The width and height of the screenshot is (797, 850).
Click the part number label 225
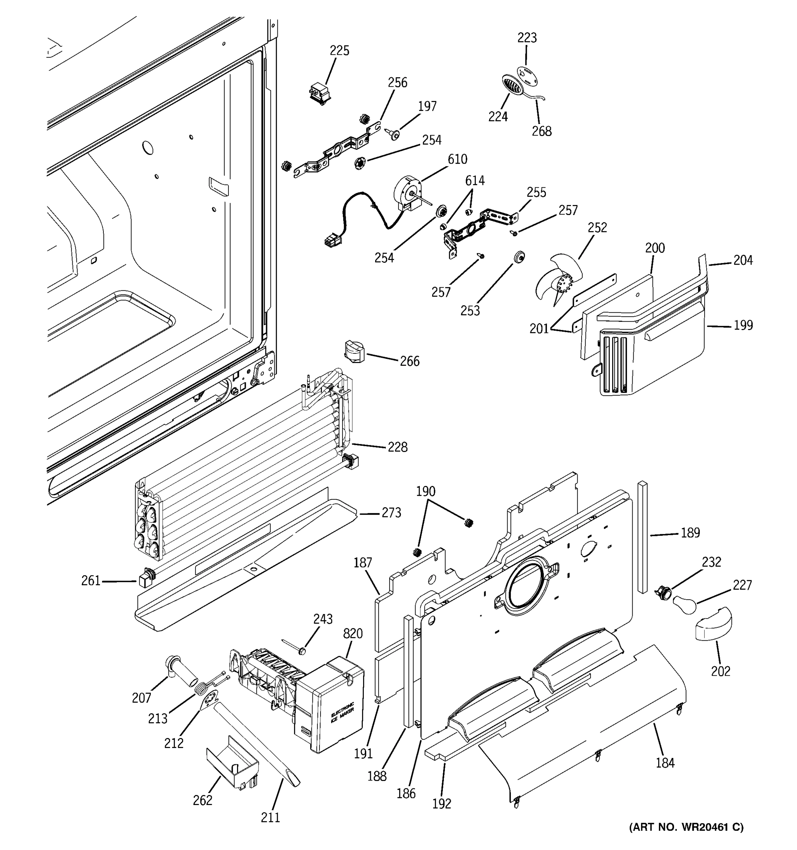pos(339,50)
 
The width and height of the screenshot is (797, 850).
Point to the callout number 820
pos(353,633)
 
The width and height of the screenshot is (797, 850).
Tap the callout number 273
pos(391,512)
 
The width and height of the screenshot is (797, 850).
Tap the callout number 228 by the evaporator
pos(397,447)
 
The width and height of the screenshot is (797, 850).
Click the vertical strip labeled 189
pos(642,537)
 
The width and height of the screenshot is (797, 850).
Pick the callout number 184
pos(665,763)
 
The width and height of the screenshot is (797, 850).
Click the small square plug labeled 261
pos(143,580)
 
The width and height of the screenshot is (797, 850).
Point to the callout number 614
pos(475,181)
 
